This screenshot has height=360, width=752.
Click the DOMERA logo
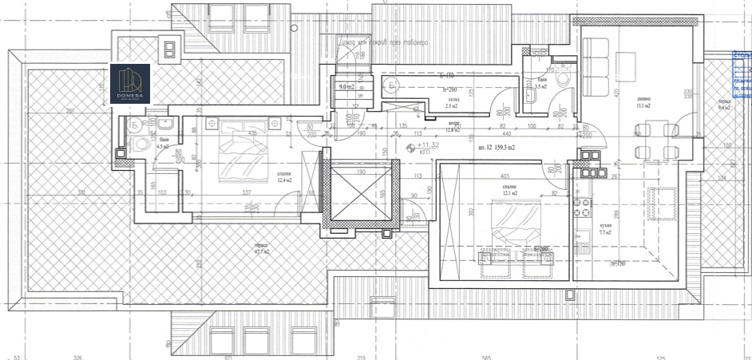tap(130, 83)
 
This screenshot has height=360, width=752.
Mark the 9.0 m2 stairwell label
tap(346, 86)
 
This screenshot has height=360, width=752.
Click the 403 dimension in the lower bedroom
tap(503, 177)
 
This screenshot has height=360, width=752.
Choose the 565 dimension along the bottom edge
tap(486, 358)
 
